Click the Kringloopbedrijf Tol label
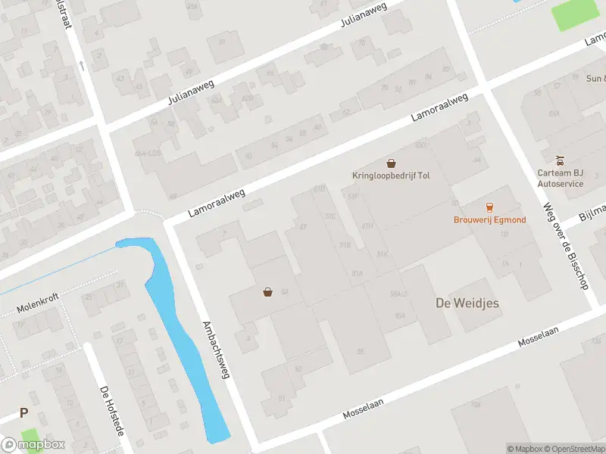pyautogui.click(x=390, y=176)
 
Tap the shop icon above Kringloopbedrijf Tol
pyautogui.click(x=391, y=163)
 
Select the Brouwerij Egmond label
pyautogui.click(x=489, y=219)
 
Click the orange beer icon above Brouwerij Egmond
pyautogui.click(x=489, y=207)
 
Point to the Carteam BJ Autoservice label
pyautogui.click(x=560, y=178)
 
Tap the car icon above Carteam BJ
pyautogui.click(x=560, y=160)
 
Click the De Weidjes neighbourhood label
pyautogui.click(x=467, y=303)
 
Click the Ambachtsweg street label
pyautogui.click(x=216, y=349)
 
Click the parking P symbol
pyautogui.click(x=23, y=413)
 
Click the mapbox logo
pyautogui.click(x=33, y=445)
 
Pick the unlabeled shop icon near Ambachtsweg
pyautogui.click(x=267, y=292)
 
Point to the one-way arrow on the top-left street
pyautogui.click(x=82, y=66)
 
